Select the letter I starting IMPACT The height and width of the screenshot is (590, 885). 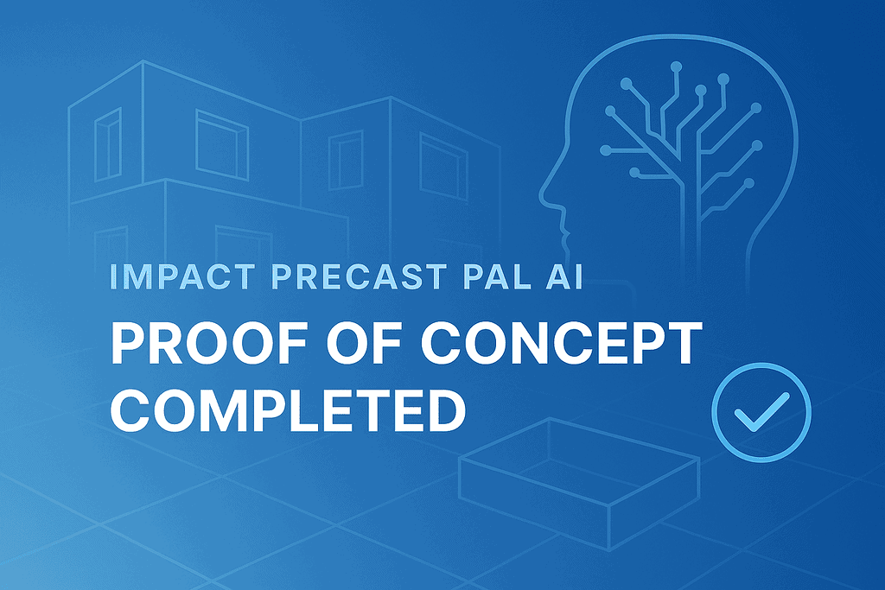117,277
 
